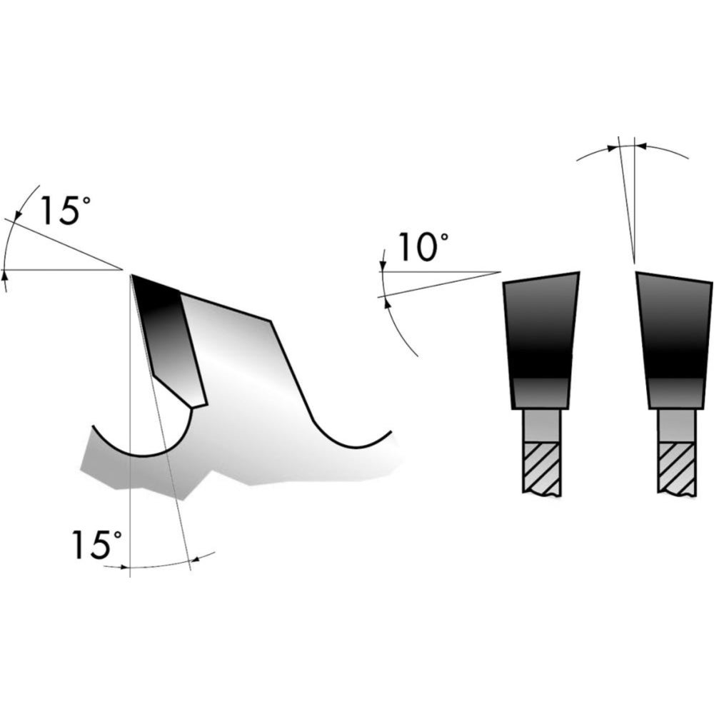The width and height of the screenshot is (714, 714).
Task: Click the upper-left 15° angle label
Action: (66, 211)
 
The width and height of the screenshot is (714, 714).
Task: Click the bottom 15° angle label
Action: (97, 544)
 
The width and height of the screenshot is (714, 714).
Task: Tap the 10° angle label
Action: (423, 247)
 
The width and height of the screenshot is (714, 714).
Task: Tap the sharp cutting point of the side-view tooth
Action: (131, 275)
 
